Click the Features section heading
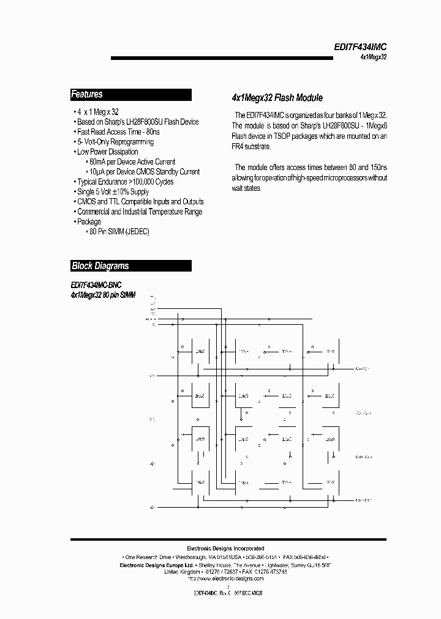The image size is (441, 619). (87, 95)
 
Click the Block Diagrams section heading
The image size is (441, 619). (100, 266)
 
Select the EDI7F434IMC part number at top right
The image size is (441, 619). (360, 46)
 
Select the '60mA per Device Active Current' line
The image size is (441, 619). (130, 161)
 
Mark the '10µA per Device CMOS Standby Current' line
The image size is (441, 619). (141, 172)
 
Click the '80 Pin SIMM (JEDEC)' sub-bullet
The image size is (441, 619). (116, 232)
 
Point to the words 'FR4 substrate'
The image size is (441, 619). (250, 147)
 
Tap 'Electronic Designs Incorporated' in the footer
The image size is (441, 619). (225, 549)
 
